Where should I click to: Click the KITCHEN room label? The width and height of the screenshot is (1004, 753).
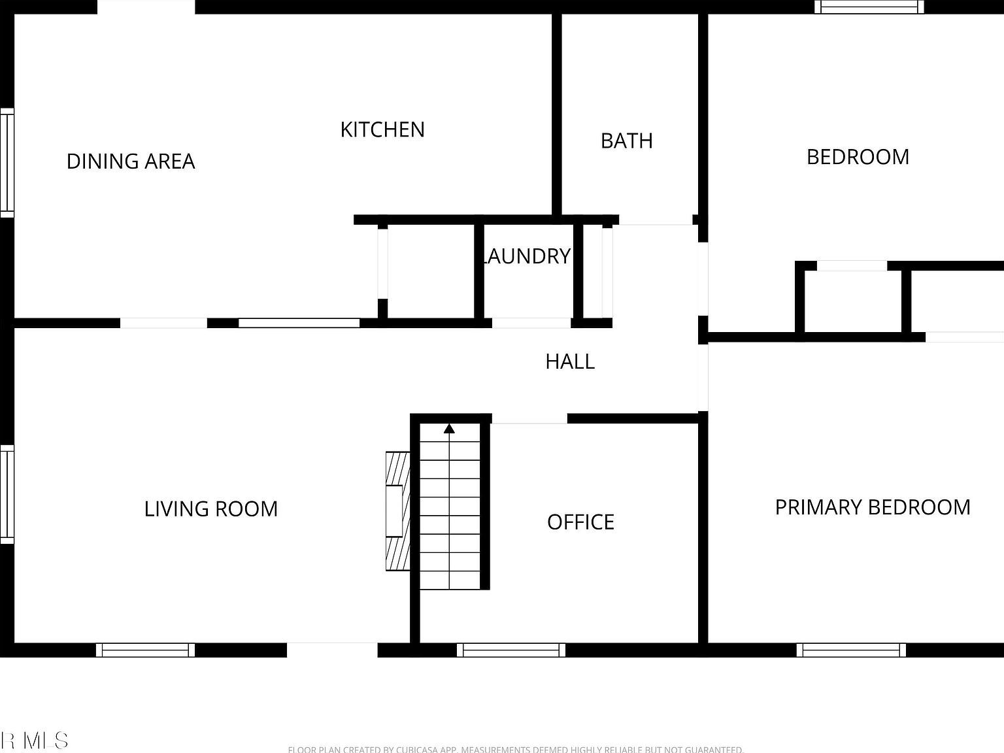(x=382, y=129)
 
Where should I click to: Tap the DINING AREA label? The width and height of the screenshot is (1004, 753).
(x=131, y=161)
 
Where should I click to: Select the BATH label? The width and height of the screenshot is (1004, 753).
(x=626, y=141)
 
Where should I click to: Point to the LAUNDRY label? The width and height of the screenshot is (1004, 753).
(x=526, y=256)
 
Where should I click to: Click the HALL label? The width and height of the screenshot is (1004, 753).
(x=570, y=361)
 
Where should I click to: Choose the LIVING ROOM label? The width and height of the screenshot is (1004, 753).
(x=211, y=509)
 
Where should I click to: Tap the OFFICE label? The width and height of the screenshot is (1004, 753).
(x=580, y=522)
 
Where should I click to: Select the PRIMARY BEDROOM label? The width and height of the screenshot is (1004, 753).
(x=872, y=507)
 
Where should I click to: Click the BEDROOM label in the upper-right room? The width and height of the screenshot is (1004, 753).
(x=858, y=157)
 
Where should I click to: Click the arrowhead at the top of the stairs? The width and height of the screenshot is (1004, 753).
(x=449, y=429)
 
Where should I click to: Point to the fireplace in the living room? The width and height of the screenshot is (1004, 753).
(x=397, y=511)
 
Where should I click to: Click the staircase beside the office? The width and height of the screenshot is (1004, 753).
(x=450, y=510)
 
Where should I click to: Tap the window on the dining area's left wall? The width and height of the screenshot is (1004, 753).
(x=7, y=163)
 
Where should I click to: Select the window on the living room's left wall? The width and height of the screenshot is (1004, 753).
(x=7, y=494)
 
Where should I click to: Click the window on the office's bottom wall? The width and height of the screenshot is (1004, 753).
(x=511, y=650)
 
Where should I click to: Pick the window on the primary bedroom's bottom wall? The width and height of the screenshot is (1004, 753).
(x=851, y=650)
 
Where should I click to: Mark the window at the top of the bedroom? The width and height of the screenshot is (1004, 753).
(x=869, y=7)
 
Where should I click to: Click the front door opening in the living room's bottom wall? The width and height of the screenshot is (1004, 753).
(x=332, y=650)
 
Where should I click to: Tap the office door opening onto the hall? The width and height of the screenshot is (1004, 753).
(x=529, y=419)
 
